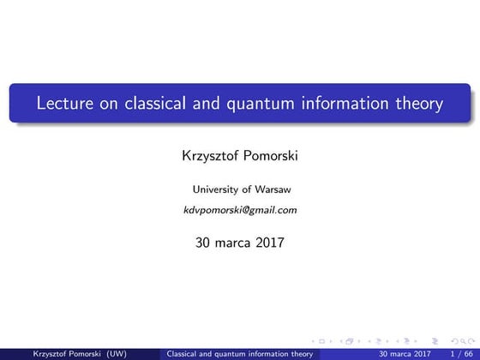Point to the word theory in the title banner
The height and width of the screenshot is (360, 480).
pos(417,105)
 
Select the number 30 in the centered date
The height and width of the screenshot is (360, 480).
pos(203,243)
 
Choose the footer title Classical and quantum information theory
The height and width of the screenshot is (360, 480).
pos(240,352)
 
